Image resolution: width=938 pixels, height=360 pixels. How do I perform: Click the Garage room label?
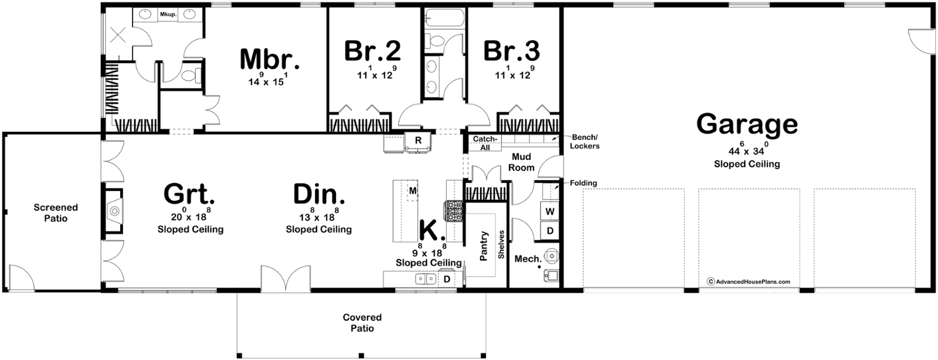[747, 124]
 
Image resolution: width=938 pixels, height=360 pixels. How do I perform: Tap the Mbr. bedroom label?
[270, 59]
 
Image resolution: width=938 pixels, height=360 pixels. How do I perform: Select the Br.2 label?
[372, 50]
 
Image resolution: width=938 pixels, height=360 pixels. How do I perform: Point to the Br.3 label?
[512, 50]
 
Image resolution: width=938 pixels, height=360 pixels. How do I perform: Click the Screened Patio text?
[56, 213]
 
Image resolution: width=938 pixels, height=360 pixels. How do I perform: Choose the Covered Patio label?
[362, 322]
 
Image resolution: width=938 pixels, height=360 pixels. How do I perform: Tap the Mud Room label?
[521, 162]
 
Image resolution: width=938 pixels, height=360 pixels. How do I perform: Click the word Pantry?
[484, 246]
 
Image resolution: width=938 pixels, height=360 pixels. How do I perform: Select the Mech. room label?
[528, 259]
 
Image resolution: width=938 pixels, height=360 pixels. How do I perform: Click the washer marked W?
[550, 211]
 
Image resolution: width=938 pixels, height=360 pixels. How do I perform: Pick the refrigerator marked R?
[418, 141]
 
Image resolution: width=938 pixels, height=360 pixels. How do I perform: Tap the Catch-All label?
[485, 143]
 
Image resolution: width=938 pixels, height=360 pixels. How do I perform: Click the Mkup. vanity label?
[168, 14]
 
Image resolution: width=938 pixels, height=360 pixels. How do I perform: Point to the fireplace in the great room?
[114, 210]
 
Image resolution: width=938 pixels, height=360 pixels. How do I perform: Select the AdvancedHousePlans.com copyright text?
[749, 281]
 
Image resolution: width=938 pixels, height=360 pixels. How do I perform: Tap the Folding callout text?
[583, 183]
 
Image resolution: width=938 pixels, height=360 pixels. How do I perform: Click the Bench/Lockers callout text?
[584, 141]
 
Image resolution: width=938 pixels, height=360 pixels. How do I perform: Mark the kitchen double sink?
[426, 279]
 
